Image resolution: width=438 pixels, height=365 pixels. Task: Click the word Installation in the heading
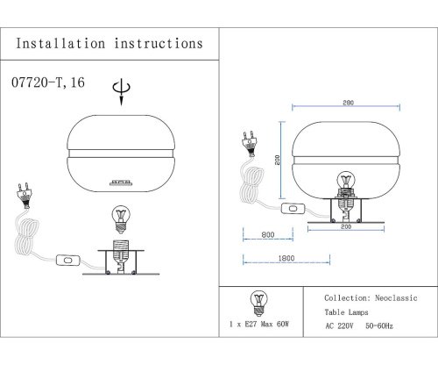pos(60,44)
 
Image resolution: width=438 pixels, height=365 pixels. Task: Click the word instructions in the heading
pos(159,44)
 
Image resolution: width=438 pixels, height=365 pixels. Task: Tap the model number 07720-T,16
pos(48,82)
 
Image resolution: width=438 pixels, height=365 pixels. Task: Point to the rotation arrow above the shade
pos(121,92)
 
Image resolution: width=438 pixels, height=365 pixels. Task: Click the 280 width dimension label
pos(348,103)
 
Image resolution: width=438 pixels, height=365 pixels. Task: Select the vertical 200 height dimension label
pos(278,160)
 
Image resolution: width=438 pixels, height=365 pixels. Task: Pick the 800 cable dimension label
pos(268,234)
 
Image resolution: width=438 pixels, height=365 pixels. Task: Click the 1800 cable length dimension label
pos(286,258)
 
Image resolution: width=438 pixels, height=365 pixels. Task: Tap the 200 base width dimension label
pos(346,226)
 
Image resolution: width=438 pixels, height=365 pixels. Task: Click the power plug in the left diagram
pos(25,195)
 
